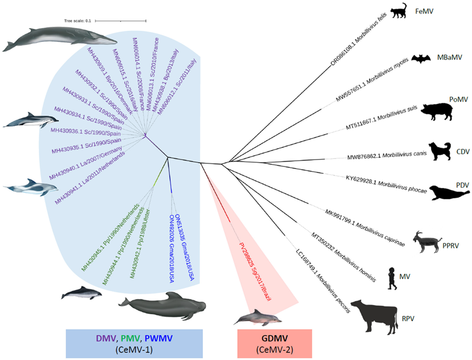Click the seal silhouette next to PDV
click(x=443, y=193)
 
